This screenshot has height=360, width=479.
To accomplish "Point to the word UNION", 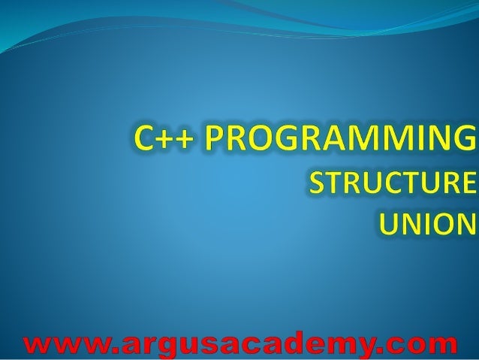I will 425,223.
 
